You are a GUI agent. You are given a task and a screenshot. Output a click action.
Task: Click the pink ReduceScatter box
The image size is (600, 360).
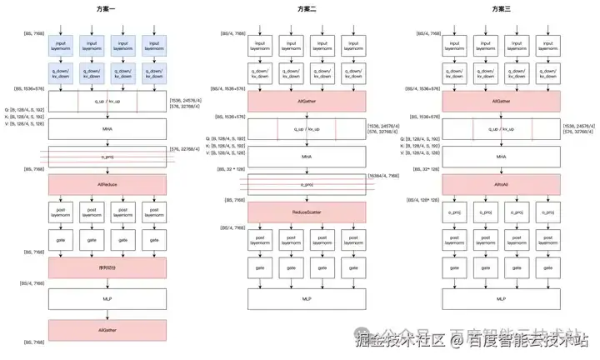coord(307,212)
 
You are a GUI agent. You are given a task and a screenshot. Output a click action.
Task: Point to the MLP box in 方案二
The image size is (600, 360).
coord(307,297)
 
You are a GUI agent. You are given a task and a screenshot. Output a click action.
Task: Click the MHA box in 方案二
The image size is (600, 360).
coord(307,156)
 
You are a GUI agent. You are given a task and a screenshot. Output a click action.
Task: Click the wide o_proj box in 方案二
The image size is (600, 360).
coord(307,183)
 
